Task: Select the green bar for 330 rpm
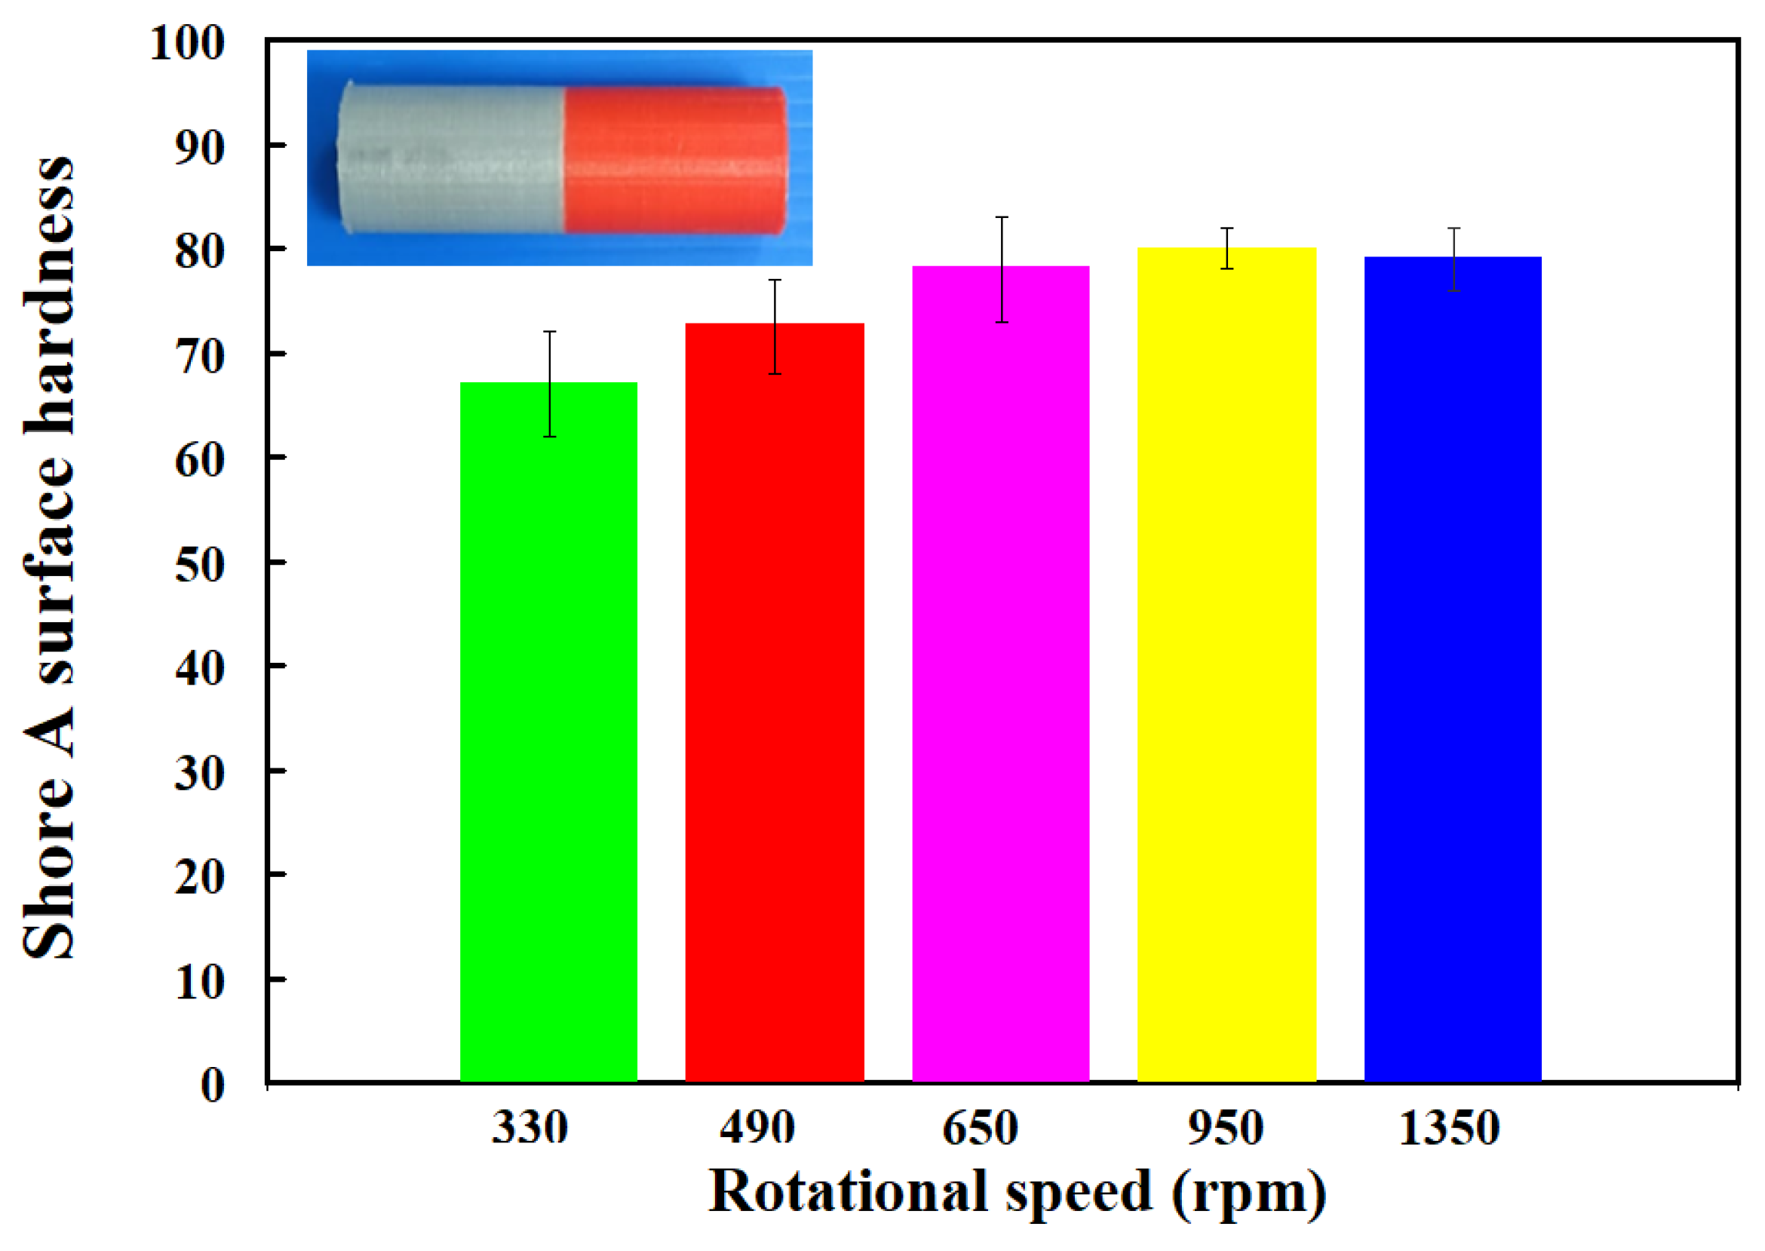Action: coord(548,731)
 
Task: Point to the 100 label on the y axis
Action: coord(187,43)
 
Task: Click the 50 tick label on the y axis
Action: coord(200,566)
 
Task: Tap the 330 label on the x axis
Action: coord(530,1129)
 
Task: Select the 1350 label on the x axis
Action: coord(1449,1129)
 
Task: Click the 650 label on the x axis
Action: coord(980,1129)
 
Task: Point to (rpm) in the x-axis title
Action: coord(1250,1194)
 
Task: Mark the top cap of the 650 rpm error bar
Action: coord(1002,217)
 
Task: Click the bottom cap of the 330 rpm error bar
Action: coord(549,437)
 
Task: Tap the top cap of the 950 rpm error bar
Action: coord(1227,228)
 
